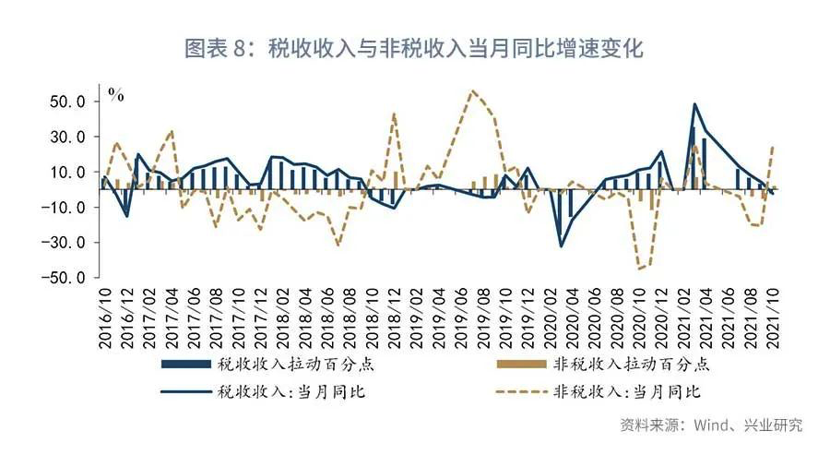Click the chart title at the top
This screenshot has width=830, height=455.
click(414, 49)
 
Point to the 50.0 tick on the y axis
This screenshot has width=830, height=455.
click(70, 101)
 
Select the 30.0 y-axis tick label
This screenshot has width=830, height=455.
click(70, 137)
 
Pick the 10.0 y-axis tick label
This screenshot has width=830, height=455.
click(70, 172)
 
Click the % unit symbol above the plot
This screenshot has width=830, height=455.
click(115, 94)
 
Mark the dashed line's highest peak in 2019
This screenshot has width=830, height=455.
click(472, 90)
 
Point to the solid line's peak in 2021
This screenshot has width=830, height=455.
click(694, 104)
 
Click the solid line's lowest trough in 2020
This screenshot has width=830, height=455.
click(561, 245)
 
